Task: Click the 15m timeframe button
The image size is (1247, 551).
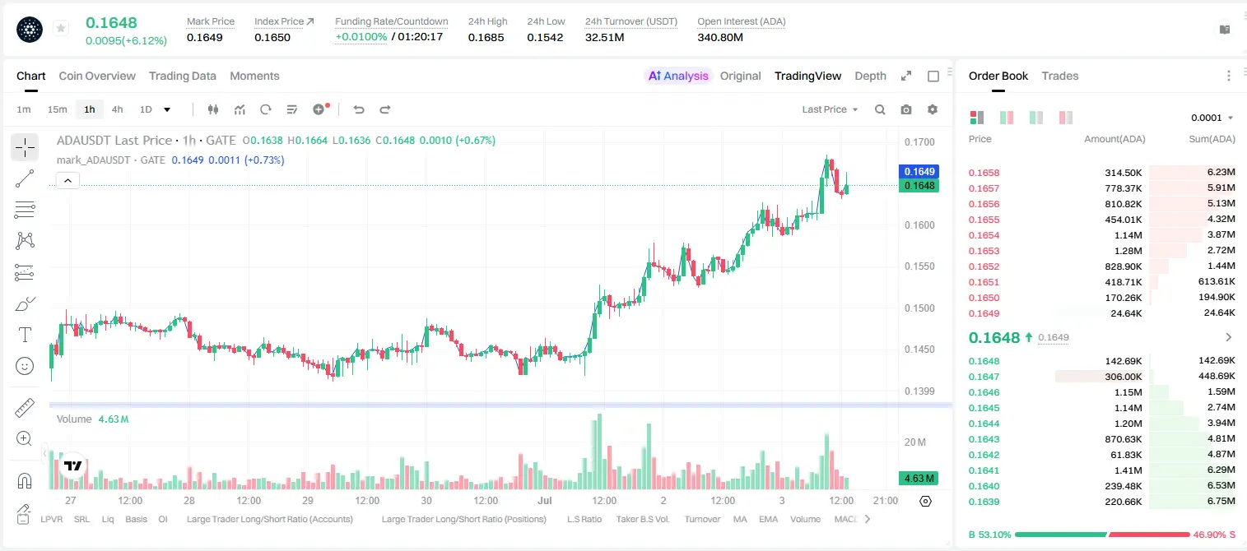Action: [x=58, y=109]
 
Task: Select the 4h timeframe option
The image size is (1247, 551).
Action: [x=118, y=109]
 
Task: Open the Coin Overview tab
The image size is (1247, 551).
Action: [x=97, y=76]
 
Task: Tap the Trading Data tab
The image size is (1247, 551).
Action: [x=183, y=76]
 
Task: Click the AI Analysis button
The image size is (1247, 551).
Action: [x=678, y=76]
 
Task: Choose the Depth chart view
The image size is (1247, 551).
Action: [x=870, y=76]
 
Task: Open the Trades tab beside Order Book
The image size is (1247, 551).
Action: [x=1060, y=76]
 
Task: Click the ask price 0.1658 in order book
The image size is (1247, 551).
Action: [x=984, y=173]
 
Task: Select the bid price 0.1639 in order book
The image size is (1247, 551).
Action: [x=984, y=502]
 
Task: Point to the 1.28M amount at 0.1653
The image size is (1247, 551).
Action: [x=1128, y=251]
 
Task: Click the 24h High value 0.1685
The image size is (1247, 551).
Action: [x=486, y=37]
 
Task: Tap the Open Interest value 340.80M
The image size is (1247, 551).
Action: [x=720, y=37]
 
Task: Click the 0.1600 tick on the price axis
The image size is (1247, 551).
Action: [x=919, y=225]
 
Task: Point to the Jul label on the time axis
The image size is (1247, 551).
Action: [x=544, y=500]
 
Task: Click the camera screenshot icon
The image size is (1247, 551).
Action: [x=906, y=109]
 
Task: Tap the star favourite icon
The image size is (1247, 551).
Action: [x=61, y=28]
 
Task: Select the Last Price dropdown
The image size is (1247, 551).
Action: [x=830, y=109]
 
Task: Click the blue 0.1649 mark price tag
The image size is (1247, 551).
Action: [x=919, y=171]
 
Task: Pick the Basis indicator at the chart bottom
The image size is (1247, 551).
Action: [x=136, y=519]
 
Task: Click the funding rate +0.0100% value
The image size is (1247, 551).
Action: [x=361, y=37]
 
